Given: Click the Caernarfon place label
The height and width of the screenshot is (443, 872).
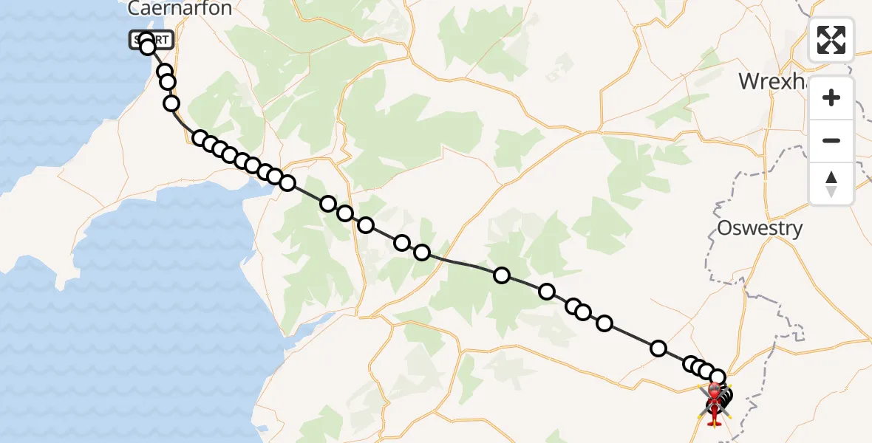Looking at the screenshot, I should pos(180,9).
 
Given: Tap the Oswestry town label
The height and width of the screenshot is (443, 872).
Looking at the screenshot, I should pos(760,228).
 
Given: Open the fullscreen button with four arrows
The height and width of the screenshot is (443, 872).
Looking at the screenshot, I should pos(831,40).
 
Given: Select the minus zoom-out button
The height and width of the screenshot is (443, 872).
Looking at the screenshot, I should pos(831,140).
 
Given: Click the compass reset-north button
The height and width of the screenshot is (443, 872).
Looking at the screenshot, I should pos(831,184).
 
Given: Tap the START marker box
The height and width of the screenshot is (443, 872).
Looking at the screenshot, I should pos(152,40).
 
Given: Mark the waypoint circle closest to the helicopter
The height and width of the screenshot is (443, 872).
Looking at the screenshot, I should pos(717,378).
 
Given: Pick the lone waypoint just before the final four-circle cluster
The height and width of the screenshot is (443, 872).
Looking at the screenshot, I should pos(658,348).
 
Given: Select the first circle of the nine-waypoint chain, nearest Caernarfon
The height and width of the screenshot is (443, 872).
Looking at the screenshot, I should pos(200,138).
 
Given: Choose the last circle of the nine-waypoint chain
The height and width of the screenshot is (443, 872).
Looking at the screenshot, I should pos(287,183).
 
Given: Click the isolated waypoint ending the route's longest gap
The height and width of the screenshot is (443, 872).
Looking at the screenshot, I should pos(502,275).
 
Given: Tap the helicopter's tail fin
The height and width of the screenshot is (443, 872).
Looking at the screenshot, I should pos(715,422).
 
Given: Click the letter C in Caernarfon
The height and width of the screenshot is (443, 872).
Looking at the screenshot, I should pos(134,9).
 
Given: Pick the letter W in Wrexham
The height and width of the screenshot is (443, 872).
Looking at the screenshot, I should pos(750,81).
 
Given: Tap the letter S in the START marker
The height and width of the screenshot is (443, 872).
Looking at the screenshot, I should pos(138,40).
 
